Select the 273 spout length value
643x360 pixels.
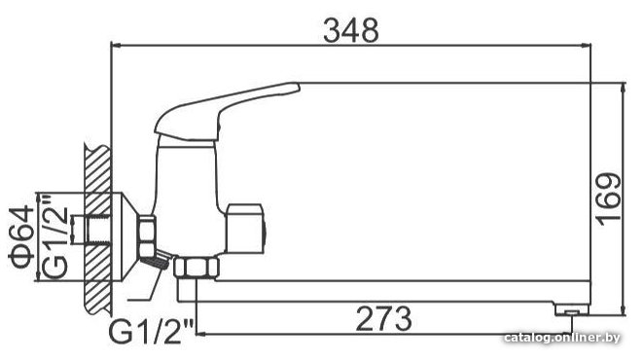pos(383,318)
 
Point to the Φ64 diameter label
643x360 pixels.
pos(21,236)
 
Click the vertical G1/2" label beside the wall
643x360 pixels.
pos(54,235)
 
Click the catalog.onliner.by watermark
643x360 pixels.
pos(562,338)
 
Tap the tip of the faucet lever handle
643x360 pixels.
pos(299,86)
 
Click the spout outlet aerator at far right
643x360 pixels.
pos(571,310)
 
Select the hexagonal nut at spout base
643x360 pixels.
pos(196,268)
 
